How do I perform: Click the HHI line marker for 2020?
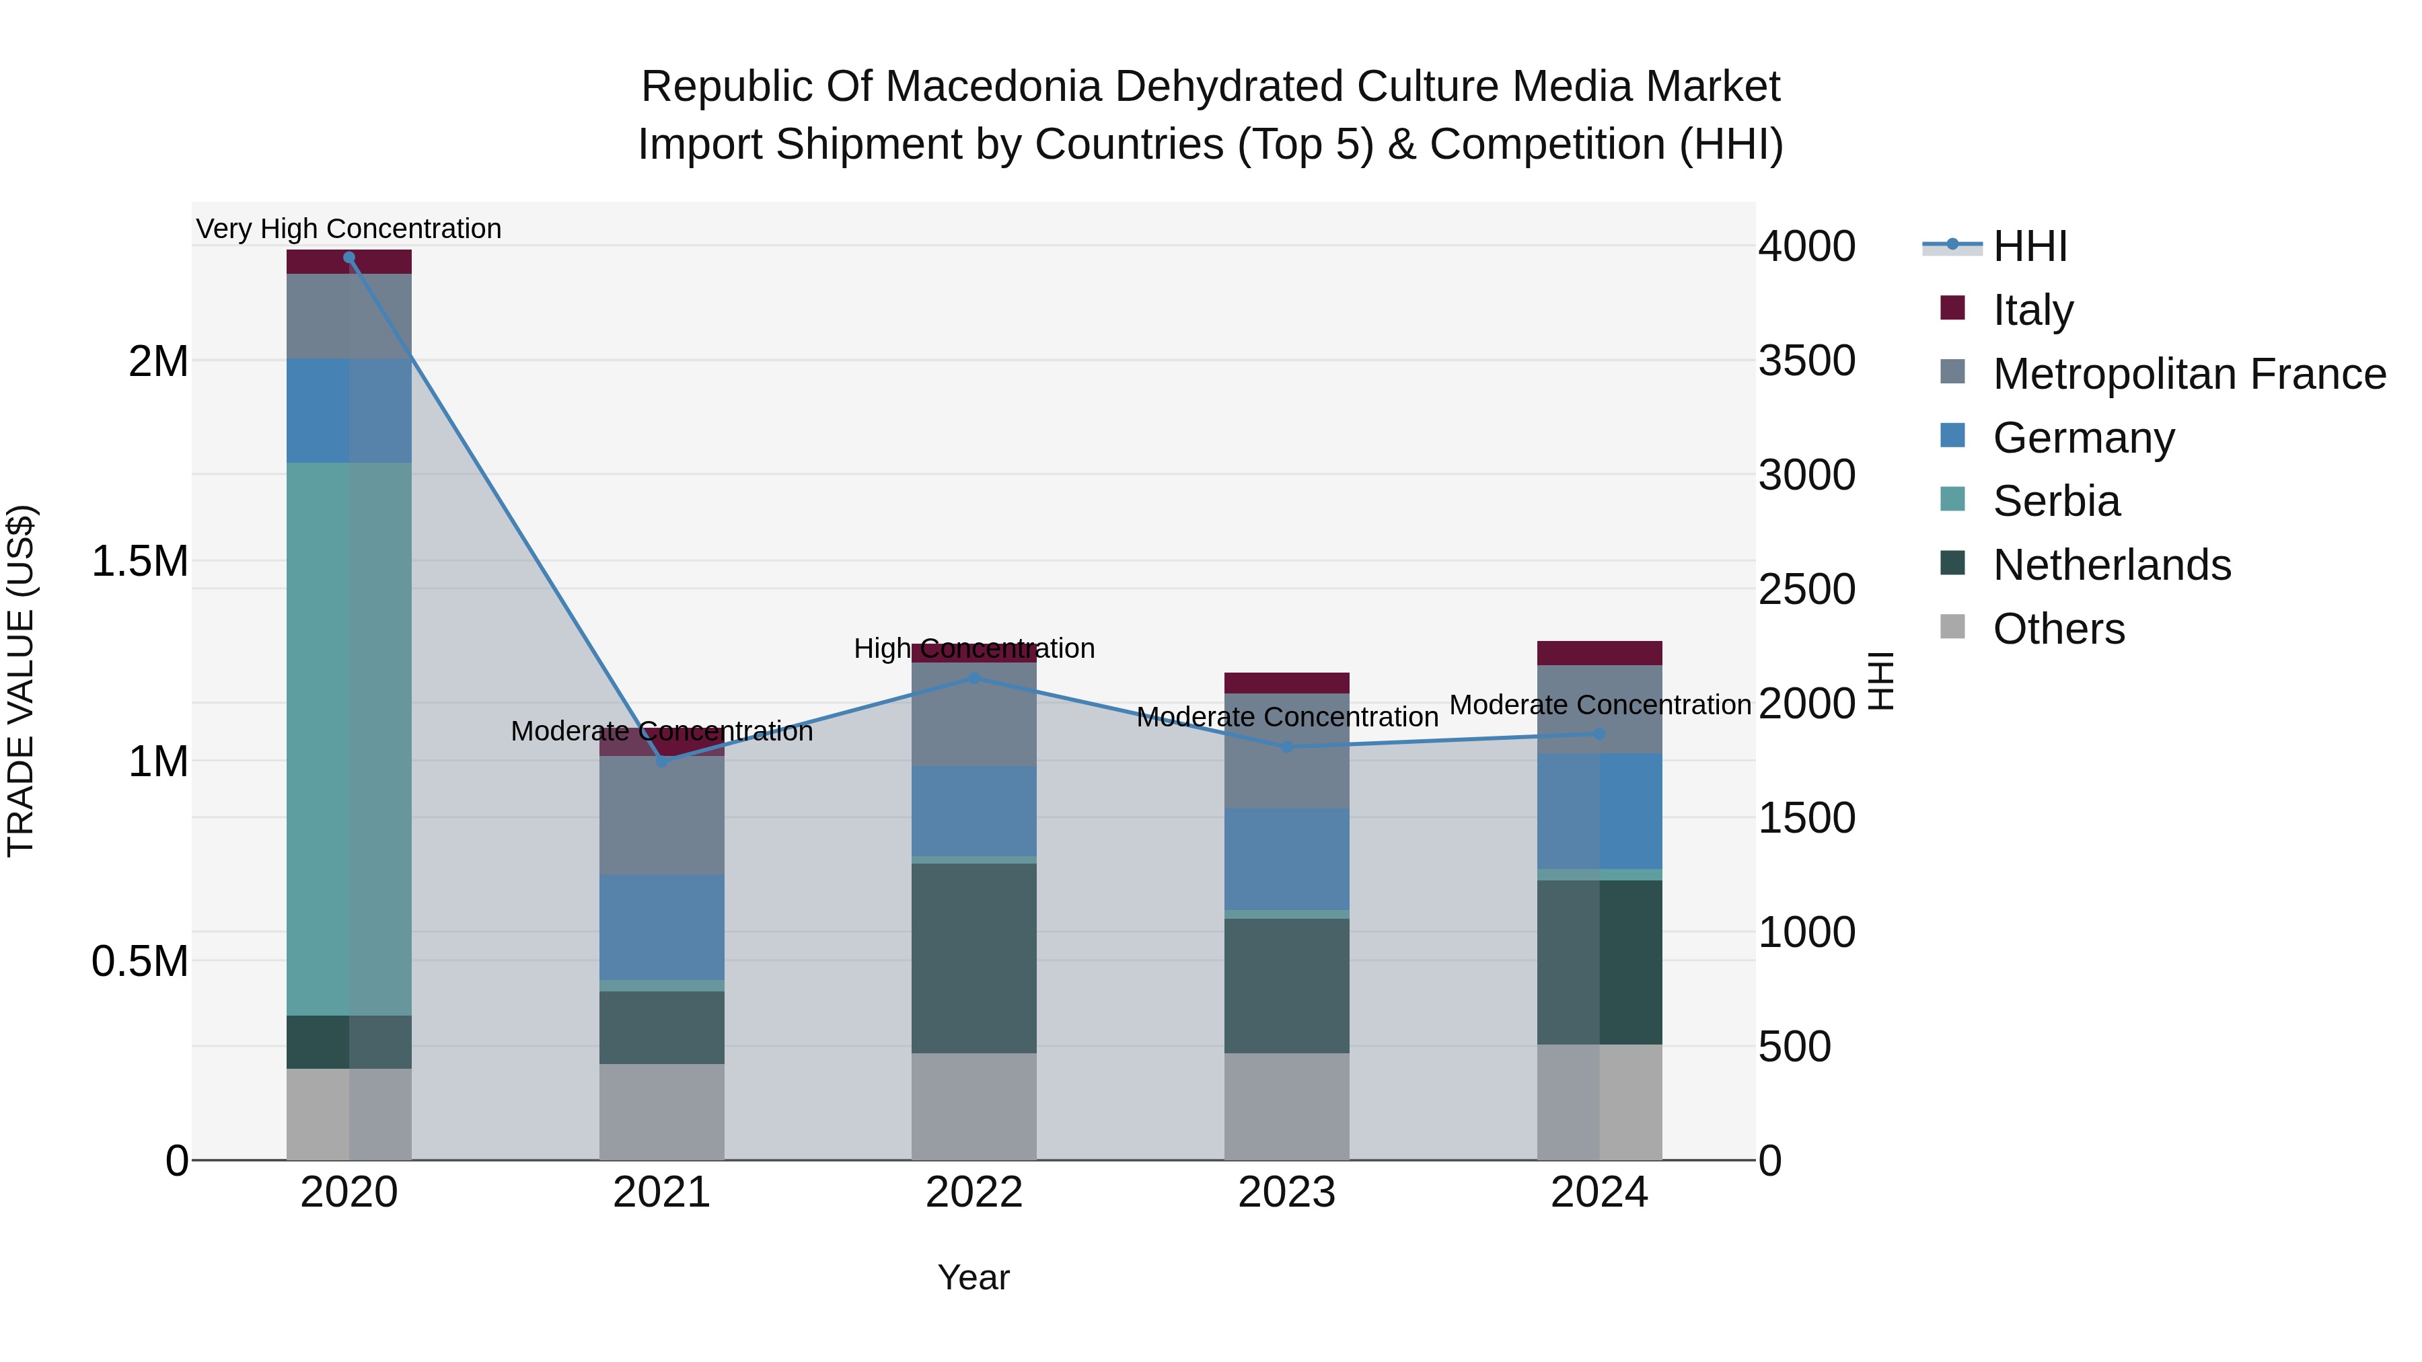point(348,258)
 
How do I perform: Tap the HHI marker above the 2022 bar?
point(974,678)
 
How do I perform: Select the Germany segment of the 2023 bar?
point(1286,858)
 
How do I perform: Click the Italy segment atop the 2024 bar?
point(1599,652)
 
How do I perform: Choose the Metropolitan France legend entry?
point(2189,374)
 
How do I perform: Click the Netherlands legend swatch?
point(1953,564)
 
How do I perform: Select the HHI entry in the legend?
point(2029,246)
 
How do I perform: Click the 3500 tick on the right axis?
point(1806,361)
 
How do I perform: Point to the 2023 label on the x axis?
point(1286,1193)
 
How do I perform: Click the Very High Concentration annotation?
point(348,229)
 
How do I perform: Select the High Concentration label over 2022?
point(974,648)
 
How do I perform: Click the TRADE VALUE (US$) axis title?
point(21,681)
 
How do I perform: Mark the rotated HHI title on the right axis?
point(1880,681)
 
